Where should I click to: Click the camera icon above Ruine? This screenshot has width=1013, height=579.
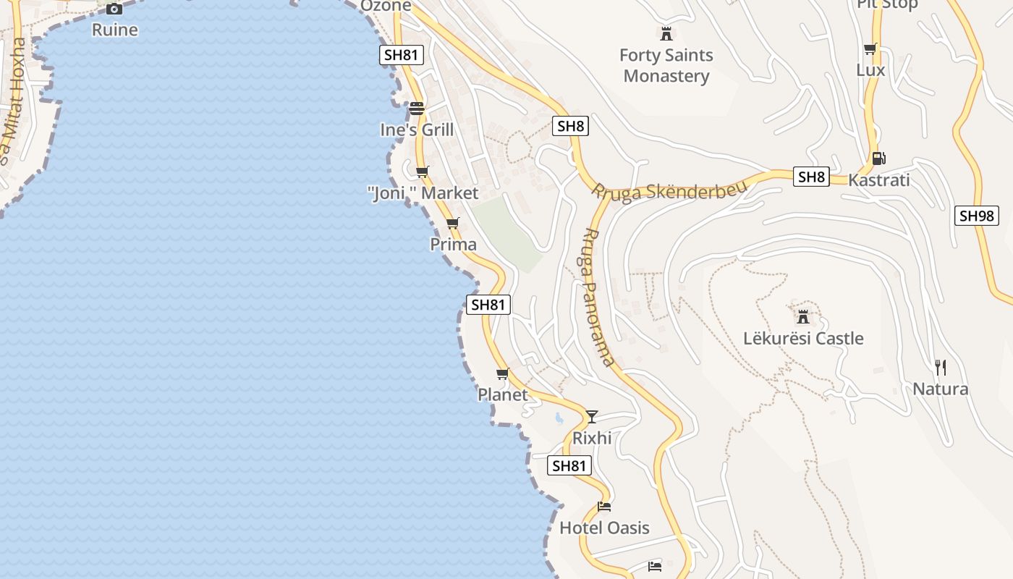pyautogui.click(x=114, y=9)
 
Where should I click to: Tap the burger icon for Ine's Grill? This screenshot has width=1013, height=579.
pyautogui.click(x=417, y=109)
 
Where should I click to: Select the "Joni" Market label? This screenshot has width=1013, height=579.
pyautogui.click(x=423, y=193)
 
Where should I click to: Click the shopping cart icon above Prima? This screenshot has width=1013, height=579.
pyautogui.click(x=453, y=223)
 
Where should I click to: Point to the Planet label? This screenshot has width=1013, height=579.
pyautogui.click(x=503, y=395)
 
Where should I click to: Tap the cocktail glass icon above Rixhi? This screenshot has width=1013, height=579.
pyautogui.click(x=592, y=416)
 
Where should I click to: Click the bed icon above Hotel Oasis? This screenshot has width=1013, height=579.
pyautogui.click(x=604, y=506)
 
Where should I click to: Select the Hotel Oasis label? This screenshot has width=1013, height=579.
pyautogui.click(x=604, y=528)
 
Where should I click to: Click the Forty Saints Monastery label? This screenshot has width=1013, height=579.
pyautogui.click(x=666, y=65)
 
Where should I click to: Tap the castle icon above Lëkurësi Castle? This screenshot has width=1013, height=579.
pyautogui.click(x=802, y=316)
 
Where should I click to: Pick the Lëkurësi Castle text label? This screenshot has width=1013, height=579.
pyautogui.click(x=803, y=338)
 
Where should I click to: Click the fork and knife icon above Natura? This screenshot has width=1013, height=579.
pyautogui.click(x=940, y=368)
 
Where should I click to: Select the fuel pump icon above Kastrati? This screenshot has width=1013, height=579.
pyautogui.click(x=879, y=158)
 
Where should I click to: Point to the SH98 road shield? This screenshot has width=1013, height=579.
pyautogui.click(x=977, y=215)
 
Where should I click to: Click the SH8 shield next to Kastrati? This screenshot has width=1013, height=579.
pyautogui.click(x=811, y=177)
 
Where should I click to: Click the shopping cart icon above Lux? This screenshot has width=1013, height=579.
pyautogui.click(x=870, y=49)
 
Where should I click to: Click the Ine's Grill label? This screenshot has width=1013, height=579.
pyautogui.click(x=417, y=130)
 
